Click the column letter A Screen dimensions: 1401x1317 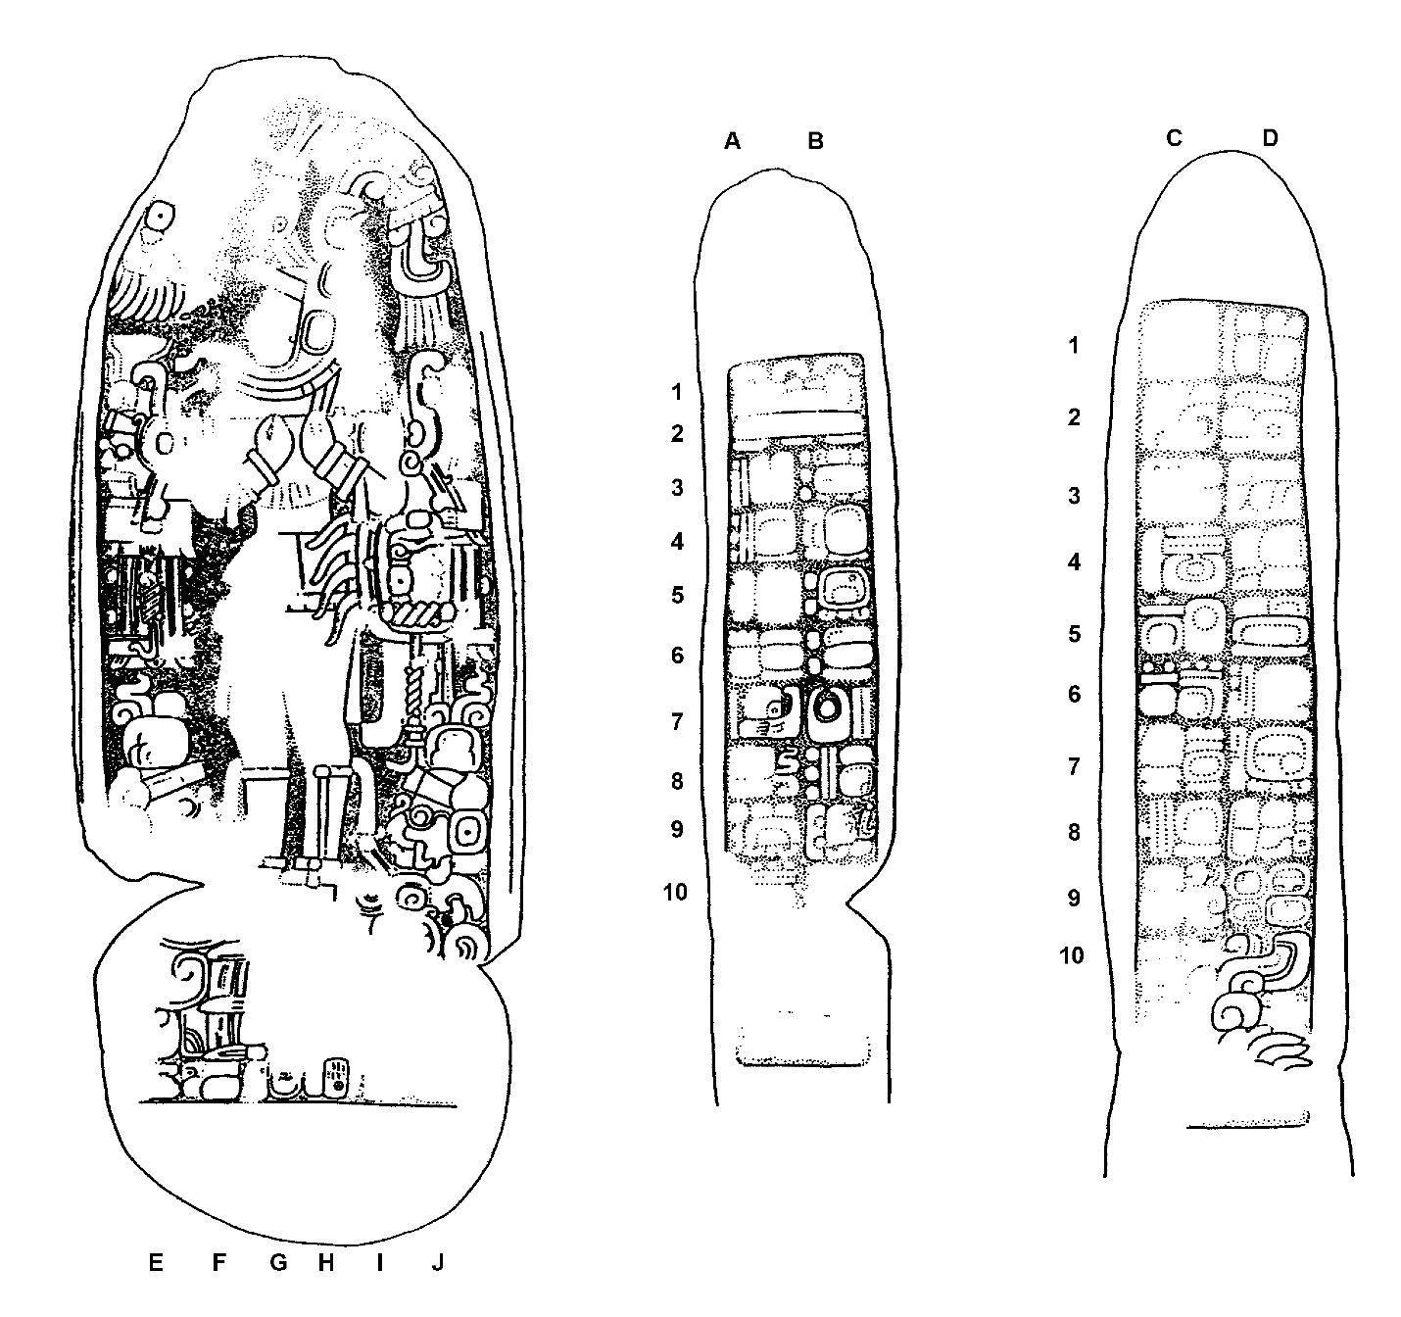tap(732, 142)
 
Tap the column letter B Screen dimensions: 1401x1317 tap(815, 142)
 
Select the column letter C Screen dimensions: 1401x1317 tap(1174, 138)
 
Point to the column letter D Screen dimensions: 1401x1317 tap(1270, 138)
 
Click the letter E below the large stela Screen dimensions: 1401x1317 tap(156, 1260)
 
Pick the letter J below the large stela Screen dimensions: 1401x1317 tap(437, 1260)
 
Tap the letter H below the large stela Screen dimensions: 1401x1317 tap(325, 1260)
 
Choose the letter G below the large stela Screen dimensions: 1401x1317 tap(278, 1260)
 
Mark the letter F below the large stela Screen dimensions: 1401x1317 tap(218, 1260)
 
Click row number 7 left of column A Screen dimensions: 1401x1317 tap(677, 722)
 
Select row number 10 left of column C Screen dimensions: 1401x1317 tap(1072, 956)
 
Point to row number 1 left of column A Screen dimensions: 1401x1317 tap(677, 392)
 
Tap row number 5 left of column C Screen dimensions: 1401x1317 tap(1074, 634)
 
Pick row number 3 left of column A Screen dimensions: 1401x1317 tap(677, 487)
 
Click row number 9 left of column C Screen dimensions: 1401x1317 tap(1074, 898)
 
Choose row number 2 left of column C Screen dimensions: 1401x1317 tap(1074, 417)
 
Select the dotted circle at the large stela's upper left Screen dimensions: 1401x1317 tap(162, 215)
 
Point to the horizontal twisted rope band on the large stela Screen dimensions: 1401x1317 tap(416, 615)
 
